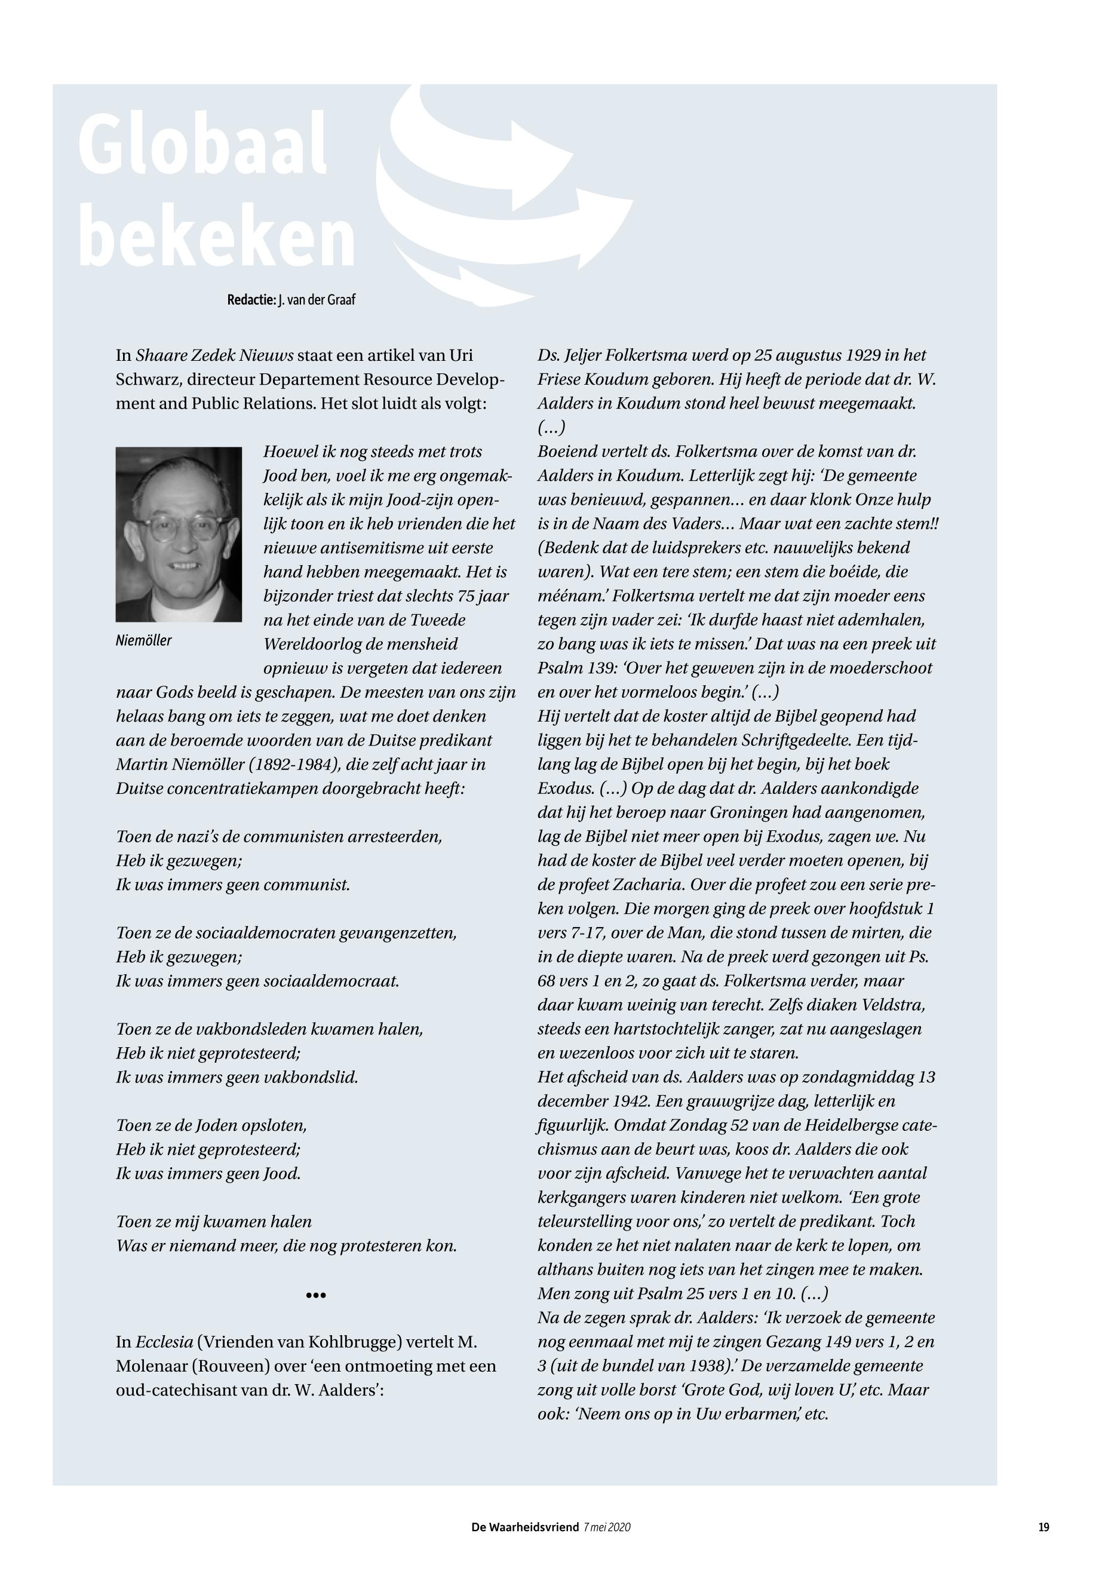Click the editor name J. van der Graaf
pyautogui.click(x=317, y=300)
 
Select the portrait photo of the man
pyautogui.click(x=178, y=534)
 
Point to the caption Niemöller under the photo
pyautogui.click(x=143, y=640)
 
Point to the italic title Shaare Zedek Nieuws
pyautogui.click(x=215, y=355)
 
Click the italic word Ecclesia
pyautogui.click(x=164, y=1342)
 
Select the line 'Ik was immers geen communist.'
pyautogui.click(x=233, y=885)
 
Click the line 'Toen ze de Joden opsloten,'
pyautogui.click(x=211, y=1125)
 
